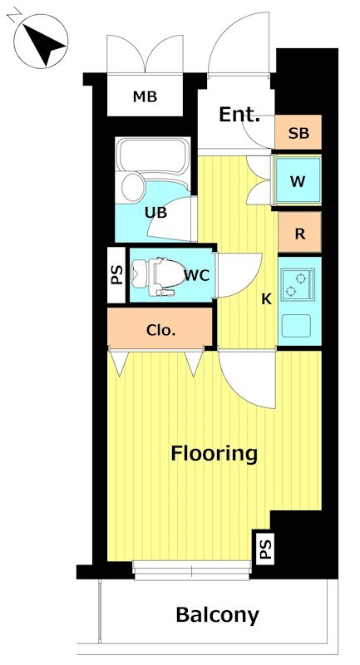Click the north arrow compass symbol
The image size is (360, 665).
[41, 41]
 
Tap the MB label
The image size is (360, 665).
[145, 96]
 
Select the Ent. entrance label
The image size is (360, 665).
[239, 114]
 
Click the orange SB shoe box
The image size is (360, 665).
[298, 133]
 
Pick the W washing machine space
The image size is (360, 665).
[298, 181]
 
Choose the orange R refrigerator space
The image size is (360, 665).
[300, 233]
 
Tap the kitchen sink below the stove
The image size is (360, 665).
[296, 326]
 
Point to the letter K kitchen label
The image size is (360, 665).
[266, 299]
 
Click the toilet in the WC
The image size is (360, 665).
[154, 276]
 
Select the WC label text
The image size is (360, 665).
[197, 276]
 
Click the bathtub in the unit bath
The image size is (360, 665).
[153, 155]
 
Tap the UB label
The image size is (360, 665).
[156, 212]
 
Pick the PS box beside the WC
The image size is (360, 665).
[116, 275]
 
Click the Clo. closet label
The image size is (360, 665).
[160, 330]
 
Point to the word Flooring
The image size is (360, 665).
[215, 453]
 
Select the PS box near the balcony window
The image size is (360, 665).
[266, 548]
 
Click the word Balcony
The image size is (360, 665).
[217, 614]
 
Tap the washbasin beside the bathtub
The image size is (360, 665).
[133, 186]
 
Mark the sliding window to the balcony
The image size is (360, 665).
[192, 570]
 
